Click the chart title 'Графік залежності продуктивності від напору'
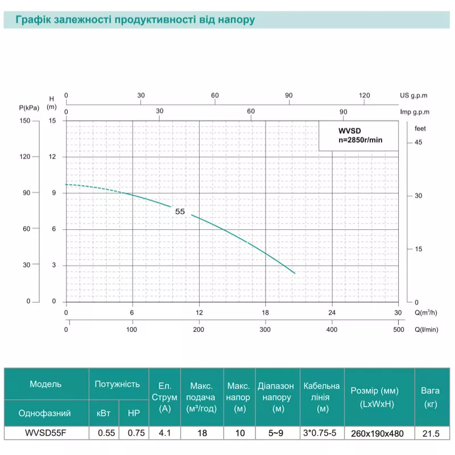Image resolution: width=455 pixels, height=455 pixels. [x=135, y=19]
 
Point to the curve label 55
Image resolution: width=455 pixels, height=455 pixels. [x=180, y=211]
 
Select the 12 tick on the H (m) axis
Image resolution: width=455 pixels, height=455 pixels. [x=53, y=156]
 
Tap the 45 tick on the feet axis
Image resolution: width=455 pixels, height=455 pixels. [x=418, y=142]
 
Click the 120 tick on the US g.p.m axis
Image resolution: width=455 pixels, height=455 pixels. [x=365, y=95]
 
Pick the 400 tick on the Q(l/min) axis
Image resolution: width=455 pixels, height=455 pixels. [x=332, y=330]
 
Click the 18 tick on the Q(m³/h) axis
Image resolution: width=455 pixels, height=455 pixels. [x=266, y=313]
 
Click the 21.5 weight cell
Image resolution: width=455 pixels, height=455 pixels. [x=431, y=433]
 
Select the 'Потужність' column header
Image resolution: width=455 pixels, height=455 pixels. [x=117, y=384]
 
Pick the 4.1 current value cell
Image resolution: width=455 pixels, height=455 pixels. [x=165, y=433]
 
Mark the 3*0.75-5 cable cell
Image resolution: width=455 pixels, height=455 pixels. [x=321, y=433]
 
